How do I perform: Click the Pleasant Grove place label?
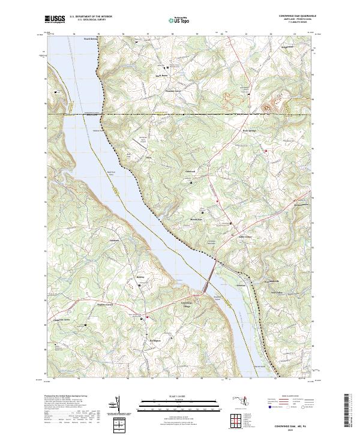174,92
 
